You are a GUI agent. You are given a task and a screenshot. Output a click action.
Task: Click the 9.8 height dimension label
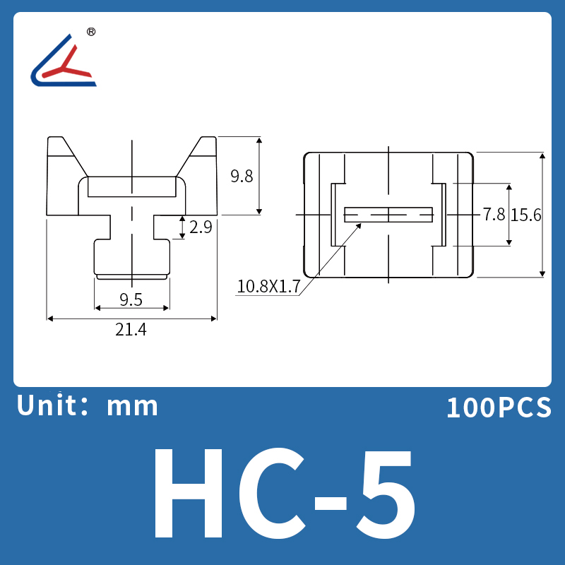click(x=242, y=176)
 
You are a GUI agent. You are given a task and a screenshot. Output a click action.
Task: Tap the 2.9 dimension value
click(x=201, y=227)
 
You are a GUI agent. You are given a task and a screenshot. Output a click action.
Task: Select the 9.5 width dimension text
click(x=131, y=299)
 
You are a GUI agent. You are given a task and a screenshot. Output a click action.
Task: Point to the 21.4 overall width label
click(x=131, y=329)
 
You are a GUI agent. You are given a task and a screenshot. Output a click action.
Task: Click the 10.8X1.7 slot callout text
click(x=268, y=287)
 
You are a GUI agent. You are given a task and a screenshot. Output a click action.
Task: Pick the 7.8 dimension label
click(x=494, y=215)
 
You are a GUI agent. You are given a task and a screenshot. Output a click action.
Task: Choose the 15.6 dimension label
click(x=526, y=215)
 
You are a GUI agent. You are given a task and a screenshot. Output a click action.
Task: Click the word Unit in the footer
click(x=46, y=405)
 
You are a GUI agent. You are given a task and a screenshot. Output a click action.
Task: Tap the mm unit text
click(x=132, y=407)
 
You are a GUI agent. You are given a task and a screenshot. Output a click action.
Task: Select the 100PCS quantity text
click(x=499, y=408)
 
